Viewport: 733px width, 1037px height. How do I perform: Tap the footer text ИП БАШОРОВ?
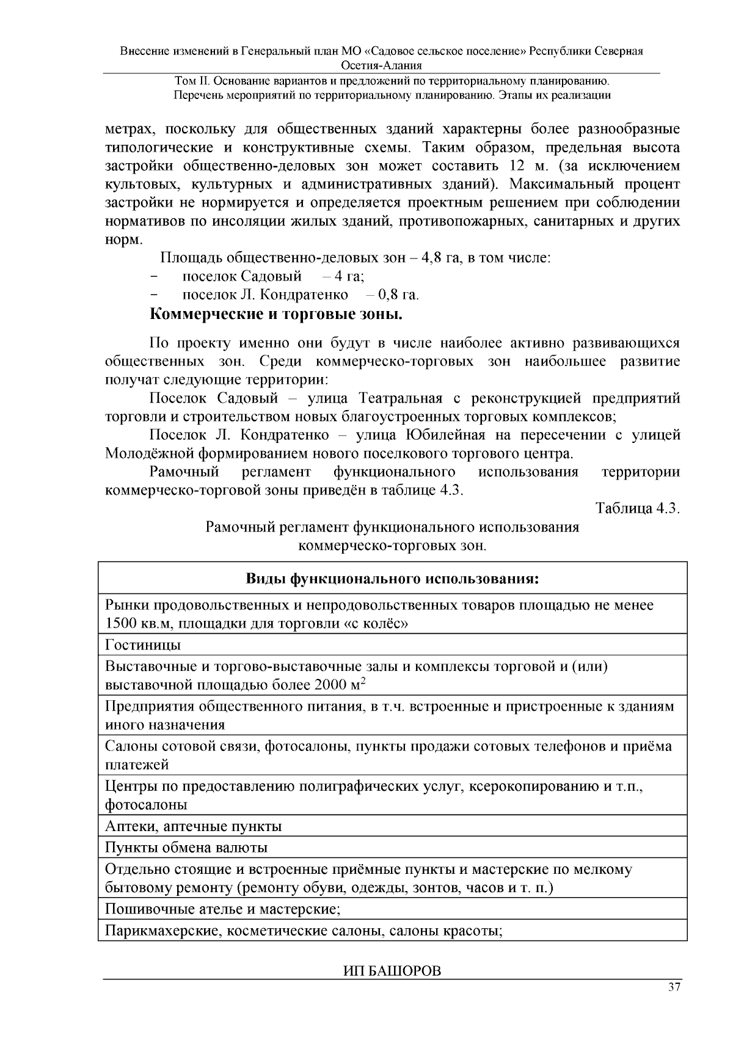pos(391,971)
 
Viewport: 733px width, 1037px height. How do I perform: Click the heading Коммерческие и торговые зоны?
pos(276,315)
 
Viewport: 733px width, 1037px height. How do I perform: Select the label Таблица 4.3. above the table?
pos(638,508)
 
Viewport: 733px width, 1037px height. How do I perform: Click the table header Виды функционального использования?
pos(392,578)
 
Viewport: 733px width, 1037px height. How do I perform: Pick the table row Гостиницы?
pos(143,645)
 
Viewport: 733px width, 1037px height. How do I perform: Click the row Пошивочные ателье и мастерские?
pos(222,909)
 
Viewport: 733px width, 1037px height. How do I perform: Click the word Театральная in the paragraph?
pos(400,399)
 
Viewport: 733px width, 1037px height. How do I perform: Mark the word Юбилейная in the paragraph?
pos(445,435)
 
